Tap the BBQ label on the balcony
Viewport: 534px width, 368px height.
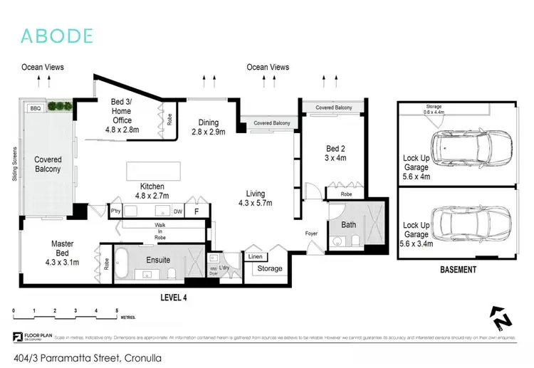35,108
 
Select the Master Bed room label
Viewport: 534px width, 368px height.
62,248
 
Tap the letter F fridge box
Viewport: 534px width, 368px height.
197,211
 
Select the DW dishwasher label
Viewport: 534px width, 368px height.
178,211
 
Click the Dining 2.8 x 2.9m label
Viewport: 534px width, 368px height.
208,127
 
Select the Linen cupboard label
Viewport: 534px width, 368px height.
256,256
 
